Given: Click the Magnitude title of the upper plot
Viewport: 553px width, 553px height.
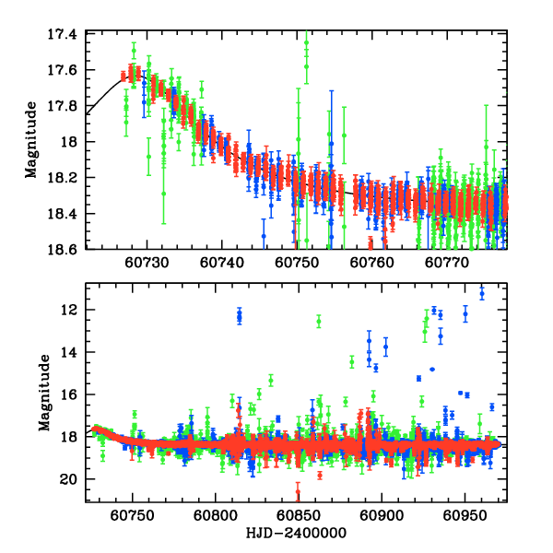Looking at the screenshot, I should [31, 141].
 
